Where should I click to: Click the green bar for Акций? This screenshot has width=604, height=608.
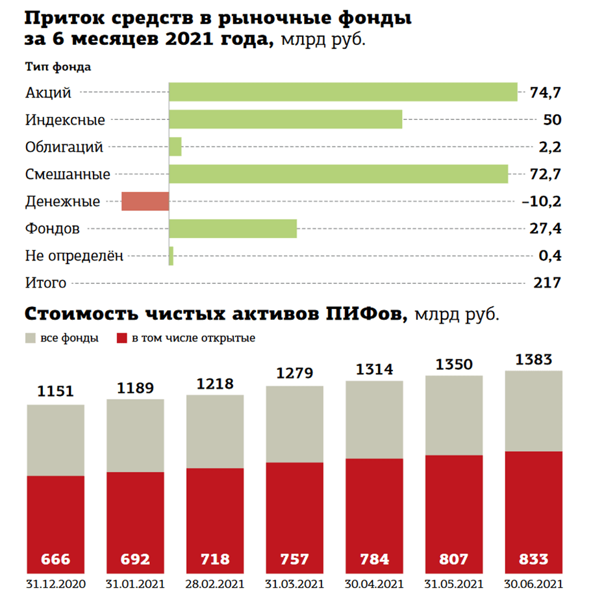pyautogui.click(x=343, y=92)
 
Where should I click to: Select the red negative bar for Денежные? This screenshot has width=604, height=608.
pyautogui.click(x=145, y=202)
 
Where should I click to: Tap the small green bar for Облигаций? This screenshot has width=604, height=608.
pyautogui.click(x=175, y=147)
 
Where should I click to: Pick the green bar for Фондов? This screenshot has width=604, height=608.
pyautogui.click(x=233, y=229)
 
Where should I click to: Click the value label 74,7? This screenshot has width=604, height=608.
pyautogui.click(x=545, y=93)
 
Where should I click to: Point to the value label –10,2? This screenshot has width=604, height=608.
pyautogui.click(x=542, y=202)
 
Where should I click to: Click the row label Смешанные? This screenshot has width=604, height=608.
pyautogui.click(x=68, y=174)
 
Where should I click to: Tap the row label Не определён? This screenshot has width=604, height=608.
pyautogui.click(x=74, y=256)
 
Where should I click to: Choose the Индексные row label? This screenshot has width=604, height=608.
pyautogui.click(x=65, y=120)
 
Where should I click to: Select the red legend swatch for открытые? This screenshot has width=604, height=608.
pyautogui.click(x=121, y=338)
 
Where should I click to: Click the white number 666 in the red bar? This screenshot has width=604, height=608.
pyautogui.click(x=55, y=559)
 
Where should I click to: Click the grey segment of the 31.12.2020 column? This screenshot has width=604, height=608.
pyautogui.click(x=55, y=440)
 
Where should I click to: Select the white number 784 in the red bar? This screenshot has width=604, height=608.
pyautogui.click(x=373, y=559)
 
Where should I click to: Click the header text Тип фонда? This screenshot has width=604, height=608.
pyautogui.click(x=58, y=66)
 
